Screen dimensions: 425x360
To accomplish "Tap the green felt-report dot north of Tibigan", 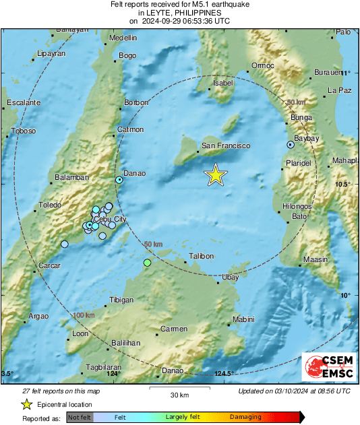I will (x=147, y=262).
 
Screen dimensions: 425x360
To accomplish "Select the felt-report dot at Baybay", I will (x=291, y=144).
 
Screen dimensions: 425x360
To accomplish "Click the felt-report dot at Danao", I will (x=119, y=180).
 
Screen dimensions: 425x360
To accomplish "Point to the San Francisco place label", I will (x=226, y=145).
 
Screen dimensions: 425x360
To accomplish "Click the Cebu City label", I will (x=110, y=219).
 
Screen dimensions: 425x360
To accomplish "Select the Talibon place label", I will (x=201, y=256).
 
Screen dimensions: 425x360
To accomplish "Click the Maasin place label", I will (x=315, y=259).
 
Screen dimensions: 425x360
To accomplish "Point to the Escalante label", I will (x=23, y=102).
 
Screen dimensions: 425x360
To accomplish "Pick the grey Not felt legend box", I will (x=79, y=418).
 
